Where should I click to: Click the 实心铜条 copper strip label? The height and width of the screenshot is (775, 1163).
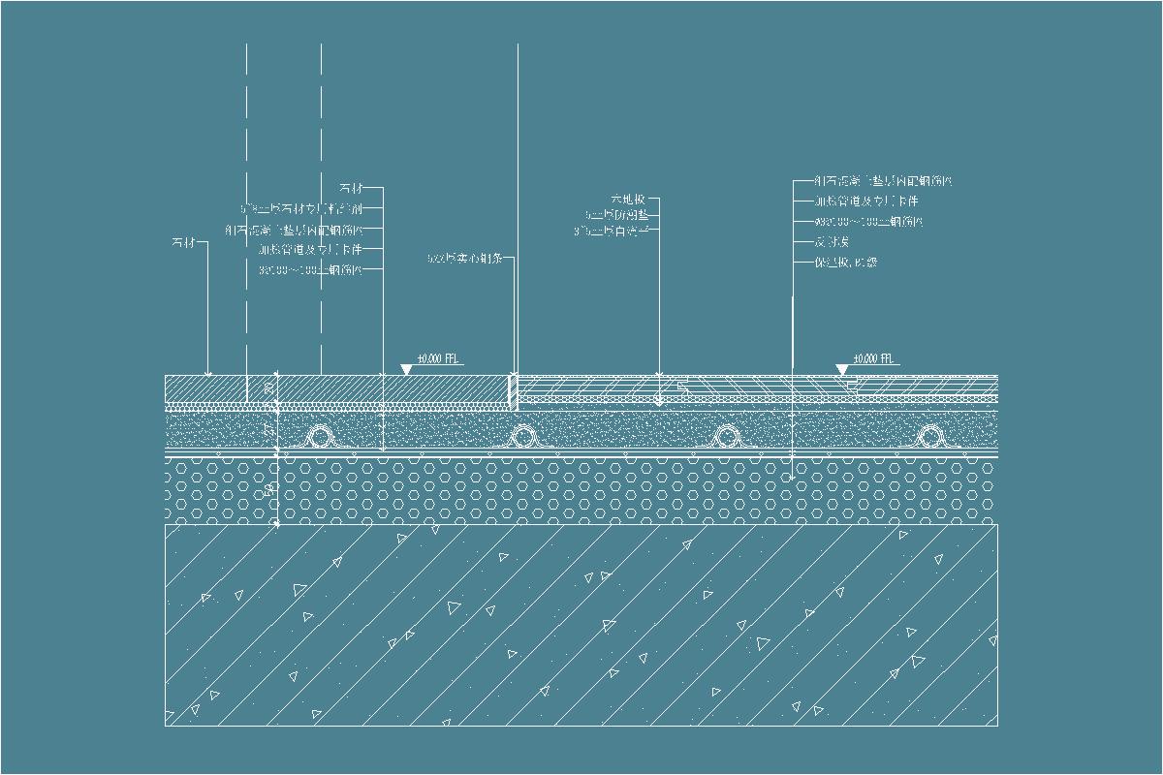click(x=469, y=258)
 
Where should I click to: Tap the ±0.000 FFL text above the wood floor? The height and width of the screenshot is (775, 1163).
click(x=870, y=359)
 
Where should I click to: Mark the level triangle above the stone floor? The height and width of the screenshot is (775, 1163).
click(x=405, y=370)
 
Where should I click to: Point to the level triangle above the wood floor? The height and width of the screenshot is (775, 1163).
click(x=841, y=370)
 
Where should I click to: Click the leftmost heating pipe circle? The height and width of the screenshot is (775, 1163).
click(x=318, y=437)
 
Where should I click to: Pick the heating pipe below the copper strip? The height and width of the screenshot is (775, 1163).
click(x=523, y=437)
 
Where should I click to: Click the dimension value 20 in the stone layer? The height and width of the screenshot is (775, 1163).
click(x=268, y=390)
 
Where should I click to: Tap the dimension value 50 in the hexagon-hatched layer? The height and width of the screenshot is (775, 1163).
click(x=268, y=491)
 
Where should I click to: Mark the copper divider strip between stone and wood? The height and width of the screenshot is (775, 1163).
click(x=513, y=389)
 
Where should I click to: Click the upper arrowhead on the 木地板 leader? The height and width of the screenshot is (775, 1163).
click(x=658, y=376)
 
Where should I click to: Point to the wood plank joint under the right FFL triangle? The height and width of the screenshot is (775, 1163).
click(x=850, y=386)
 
